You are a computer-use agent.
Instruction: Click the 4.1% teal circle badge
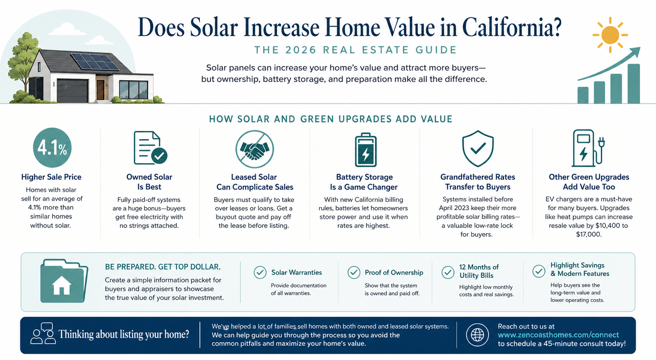[x=52, y=148]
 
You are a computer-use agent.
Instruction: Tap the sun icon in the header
[x=610, y=35]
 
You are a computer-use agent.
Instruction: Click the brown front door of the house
[x=100, y=90]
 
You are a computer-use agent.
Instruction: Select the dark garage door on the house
[x=72, y=91]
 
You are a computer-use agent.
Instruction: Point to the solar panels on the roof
[x=95, y=62]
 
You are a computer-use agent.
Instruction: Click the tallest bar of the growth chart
[x=634, y=84]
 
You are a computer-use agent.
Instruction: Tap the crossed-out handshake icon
[x=255, y=149]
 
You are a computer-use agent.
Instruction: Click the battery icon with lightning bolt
[x=365, y=150]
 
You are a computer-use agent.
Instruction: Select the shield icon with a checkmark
[x=478, y=148]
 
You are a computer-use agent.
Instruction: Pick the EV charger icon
[x=588, y=148]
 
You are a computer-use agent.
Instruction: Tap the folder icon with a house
[x=64, y=281]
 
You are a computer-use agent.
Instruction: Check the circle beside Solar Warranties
[x=260, y=272]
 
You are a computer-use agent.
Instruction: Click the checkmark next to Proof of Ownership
[x=354, y=272]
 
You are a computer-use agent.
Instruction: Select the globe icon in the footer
[x=477, y=335]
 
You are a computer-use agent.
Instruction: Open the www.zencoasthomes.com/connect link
[x=558, y=335]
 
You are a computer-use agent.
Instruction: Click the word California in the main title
[x=511, y=28]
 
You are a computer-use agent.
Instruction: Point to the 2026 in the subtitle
[x=301, y=50]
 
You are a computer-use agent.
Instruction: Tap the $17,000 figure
[x=589, y=234]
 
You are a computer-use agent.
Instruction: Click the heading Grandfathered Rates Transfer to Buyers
[x=478, y=182]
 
